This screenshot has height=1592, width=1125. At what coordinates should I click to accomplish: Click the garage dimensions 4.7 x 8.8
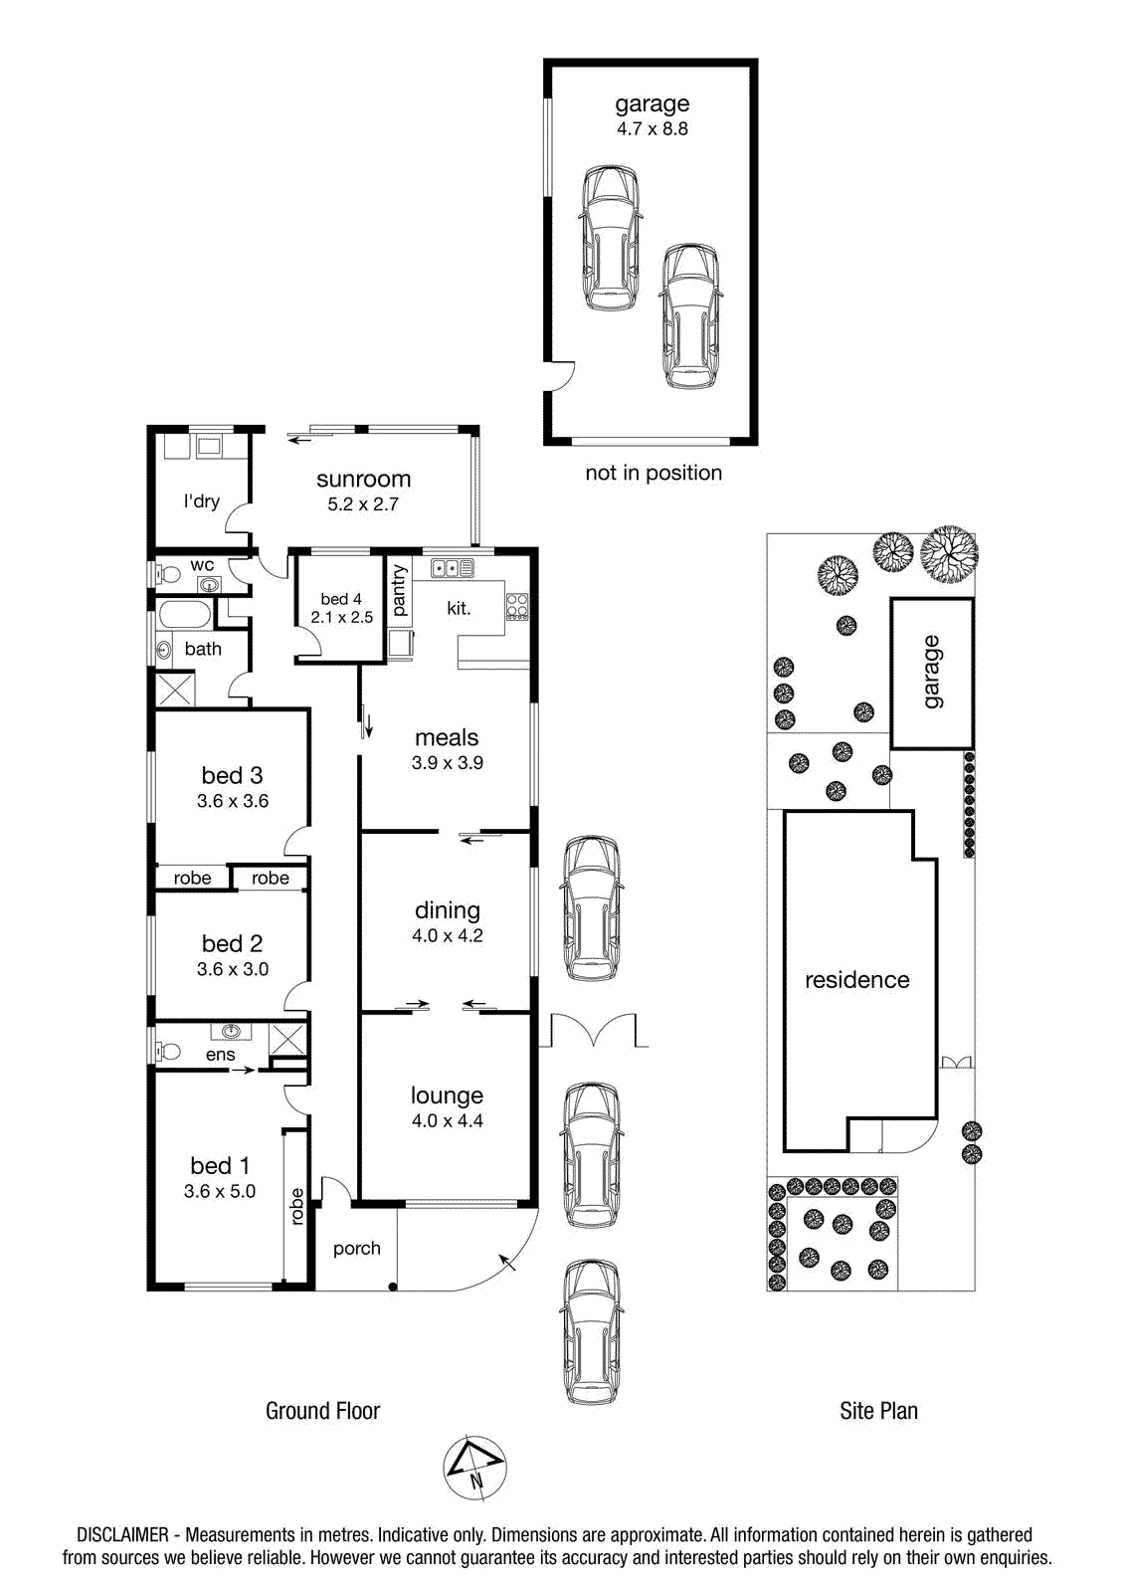(x=652, y=128)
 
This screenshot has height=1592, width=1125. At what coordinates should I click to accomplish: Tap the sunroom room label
(x=363, y=479)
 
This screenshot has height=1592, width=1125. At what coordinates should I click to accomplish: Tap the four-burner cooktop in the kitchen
(x=516, y=606)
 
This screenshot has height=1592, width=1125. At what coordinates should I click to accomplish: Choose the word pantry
(x=399, y=590)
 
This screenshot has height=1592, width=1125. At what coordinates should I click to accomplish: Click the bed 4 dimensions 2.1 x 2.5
(x=341, y=617)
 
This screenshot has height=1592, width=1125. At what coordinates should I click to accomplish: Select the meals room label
(x=447, y=737)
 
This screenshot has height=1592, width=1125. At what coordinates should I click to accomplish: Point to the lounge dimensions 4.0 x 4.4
(x=447, y=1120)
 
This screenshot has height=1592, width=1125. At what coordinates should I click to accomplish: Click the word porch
(x=357, y=1249)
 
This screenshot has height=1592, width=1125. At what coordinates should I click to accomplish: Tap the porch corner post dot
(x=392, y=1287)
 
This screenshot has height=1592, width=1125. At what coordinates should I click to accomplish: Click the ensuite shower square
(x=287, y=1040)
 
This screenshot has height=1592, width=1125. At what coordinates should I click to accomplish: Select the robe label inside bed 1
(x=297, y=1206)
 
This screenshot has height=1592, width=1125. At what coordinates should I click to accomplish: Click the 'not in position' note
(x=654, y=473)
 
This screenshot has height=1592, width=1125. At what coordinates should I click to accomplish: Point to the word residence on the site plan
(x=857, y=980)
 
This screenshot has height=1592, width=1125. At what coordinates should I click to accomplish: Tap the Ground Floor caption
(x=322, y=1411)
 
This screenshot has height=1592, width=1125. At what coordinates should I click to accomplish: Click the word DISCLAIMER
(x=122, y=1535)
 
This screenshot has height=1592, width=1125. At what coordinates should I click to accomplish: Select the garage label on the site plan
(x=932, y=672)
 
